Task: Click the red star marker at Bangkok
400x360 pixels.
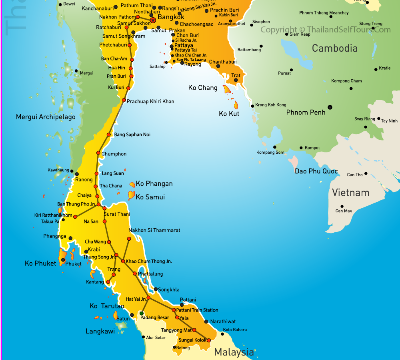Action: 153,20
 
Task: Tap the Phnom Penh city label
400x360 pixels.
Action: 306,113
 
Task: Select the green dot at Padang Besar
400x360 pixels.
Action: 142,313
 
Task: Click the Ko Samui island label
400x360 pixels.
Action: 150,197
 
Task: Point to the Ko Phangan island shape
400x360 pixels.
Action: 132,185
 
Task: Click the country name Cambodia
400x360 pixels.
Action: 334,48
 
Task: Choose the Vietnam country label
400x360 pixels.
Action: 350,193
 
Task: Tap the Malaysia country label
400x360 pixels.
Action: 234,352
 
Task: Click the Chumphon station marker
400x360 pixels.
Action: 98,153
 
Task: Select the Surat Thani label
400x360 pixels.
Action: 117,214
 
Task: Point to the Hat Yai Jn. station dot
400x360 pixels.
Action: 148,298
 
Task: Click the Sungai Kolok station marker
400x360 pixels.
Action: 208,340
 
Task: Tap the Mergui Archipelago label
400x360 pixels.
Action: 46,117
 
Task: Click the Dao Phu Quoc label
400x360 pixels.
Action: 316,171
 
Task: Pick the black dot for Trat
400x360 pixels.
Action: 236,80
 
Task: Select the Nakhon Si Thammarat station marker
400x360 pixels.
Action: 129,239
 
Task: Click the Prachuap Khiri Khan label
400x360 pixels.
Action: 150,101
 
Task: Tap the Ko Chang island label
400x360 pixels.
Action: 203,88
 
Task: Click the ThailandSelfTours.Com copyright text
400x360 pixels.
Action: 325,30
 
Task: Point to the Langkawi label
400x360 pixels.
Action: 100,331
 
